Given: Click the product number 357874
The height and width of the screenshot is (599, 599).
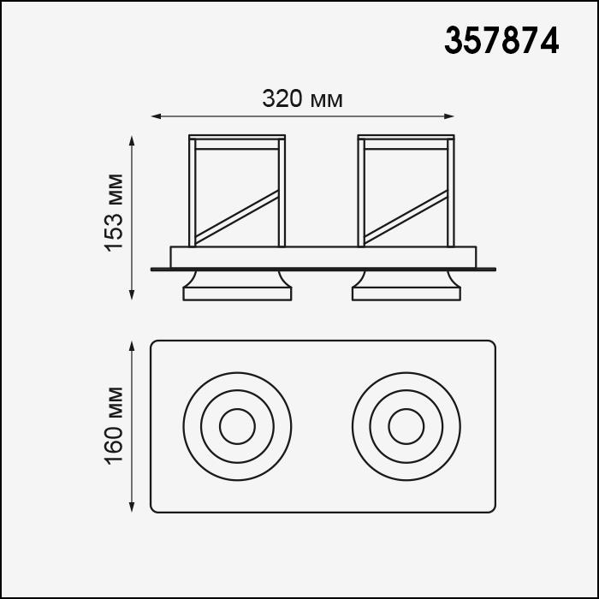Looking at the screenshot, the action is (501, 41).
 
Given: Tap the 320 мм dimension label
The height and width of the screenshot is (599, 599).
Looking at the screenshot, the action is (303, 99).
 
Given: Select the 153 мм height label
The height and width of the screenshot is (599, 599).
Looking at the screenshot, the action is (114, 213).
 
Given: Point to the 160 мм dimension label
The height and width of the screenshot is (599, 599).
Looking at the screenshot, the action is (114, 426).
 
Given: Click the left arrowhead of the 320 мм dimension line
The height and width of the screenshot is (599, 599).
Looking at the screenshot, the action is (156, 116).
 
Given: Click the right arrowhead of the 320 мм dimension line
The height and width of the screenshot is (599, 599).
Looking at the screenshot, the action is (449, 116).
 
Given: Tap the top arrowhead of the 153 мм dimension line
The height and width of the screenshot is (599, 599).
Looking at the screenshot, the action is (132, 140).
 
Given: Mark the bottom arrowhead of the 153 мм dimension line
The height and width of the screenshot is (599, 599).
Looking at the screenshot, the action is (132, 295).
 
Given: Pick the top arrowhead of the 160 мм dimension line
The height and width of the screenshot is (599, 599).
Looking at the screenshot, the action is (132, 346).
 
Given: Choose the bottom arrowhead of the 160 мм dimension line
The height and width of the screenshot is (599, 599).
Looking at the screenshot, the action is (132, 507).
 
